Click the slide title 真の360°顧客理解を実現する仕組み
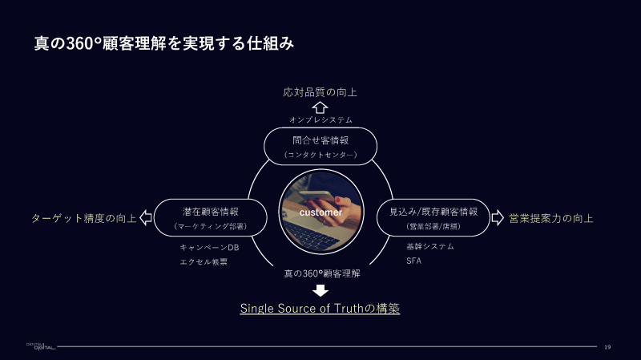(x=163, y=42)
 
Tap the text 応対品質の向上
(x=320, y=92)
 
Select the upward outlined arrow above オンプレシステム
(x=320, y=107)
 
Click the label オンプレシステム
(x=320, y=119)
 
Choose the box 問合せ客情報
(x=320, y=145)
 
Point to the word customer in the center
(x=320, y=213)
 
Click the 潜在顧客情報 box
(x=210, y=217)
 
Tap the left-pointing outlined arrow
(x=146, y=217)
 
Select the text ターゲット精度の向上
(x=83, y=218)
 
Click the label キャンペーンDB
(x=209, y=248)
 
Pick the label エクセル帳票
(x=204, y=261)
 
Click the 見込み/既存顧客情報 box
(x=433, y=217)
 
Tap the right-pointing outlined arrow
(x=497, y=217)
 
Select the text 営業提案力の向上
(x=551, y=218)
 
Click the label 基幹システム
(x=430, y=247)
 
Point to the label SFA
(x=414, y=261)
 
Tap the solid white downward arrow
(x=320, y=289)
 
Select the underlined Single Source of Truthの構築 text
(x=320, y=309)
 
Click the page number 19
(x=608, y=347)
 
